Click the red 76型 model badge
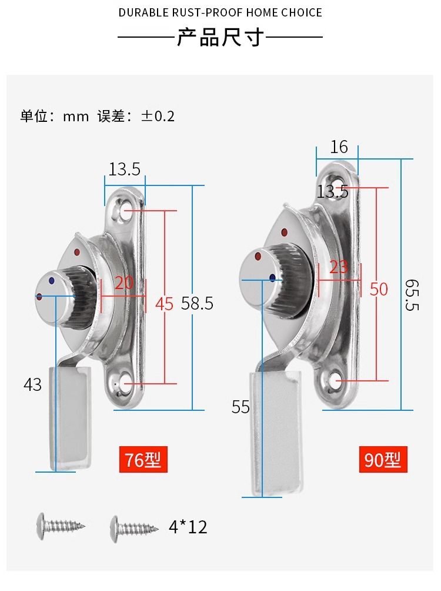click(143, 459)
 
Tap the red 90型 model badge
click(383, 459)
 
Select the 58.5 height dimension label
click(197, 303)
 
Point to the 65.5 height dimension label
click(412, 295)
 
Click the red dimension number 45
click(164, 304)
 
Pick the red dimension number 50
click(379, 289)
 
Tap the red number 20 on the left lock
click(124, 283)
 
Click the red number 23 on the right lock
click(339, 267)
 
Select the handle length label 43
click(32, 384)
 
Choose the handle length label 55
click(240, 407)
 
